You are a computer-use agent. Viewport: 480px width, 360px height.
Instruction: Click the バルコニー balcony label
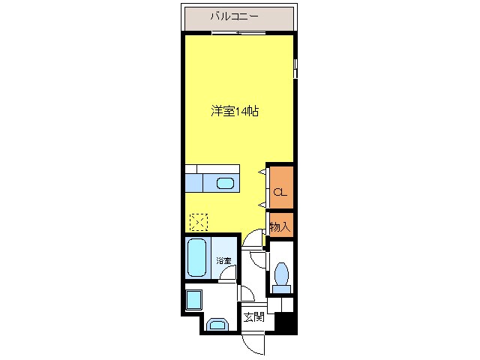click(235, 16)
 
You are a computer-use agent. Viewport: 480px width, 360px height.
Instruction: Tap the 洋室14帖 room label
click(234, 111)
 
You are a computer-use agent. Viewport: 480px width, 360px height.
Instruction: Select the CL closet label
click(279, 193)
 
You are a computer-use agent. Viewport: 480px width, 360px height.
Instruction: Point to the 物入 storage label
click(280, 226)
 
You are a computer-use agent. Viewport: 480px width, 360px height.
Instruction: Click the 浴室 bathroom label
click(223, 260)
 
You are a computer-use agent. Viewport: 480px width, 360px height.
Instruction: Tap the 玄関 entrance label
click(253, 317)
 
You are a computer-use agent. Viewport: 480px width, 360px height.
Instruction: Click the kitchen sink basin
click(225, 183)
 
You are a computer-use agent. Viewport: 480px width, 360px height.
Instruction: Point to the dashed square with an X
click(199, 223)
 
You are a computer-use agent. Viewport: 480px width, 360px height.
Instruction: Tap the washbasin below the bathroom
click(217, 325)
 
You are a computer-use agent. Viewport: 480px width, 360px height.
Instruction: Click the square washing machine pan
click(193, 300)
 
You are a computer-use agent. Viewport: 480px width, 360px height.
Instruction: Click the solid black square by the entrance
click(283, 322)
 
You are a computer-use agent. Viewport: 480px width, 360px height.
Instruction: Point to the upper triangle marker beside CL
click(262, 172)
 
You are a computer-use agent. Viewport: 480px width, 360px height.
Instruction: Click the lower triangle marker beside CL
click(262, 204)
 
